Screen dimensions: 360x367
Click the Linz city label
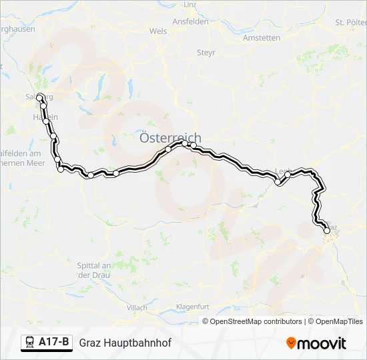tap(190, 5)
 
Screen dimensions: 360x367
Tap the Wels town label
tap(158, 31)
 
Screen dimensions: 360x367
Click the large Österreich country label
tap(169, 138)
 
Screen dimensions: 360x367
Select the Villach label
tap(137, 307)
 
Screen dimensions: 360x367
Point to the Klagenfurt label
tap(193, 307)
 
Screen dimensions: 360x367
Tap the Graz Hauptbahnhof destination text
tap(125, 343)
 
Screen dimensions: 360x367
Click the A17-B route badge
tap(53, 343)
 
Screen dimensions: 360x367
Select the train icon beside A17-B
tap(30, 343)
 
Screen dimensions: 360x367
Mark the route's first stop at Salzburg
tap(39, 97)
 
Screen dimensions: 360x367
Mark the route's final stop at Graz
tap(327, 231)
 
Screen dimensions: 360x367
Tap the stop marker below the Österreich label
tap(168, 149)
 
